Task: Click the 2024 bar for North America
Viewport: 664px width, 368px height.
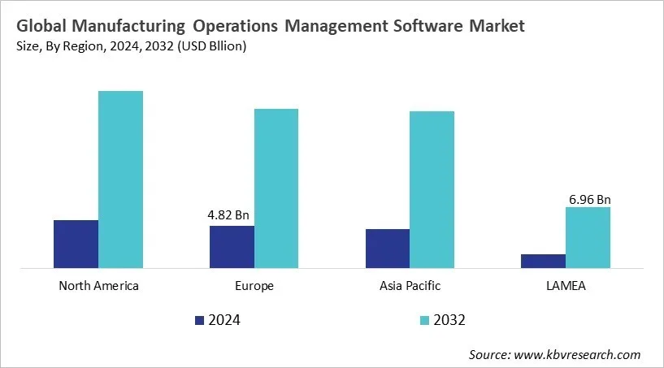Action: pyautogui.click(x=76, y=244)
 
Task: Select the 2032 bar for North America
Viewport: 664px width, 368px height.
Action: pyautogui.click(x=120, y=180)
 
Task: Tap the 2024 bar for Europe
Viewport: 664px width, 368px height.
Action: pyautogui.click(x=232, y=247)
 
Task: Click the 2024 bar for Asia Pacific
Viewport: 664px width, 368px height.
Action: pyautogui.click(x=388, y=249)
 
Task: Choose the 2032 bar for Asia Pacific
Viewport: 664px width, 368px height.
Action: pyautogui.click(x=432, y=189)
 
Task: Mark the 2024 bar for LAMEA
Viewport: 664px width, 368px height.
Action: pyautogui.click(x=543, y=261)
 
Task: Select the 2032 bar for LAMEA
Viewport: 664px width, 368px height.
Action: pyautogui.click(x=588, y=237)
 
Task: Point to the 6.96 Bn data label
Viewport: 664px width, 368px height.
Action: pyautogui.click(x=588, y=197)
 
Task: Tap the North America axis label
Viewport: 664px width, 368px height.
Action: pyautogui.click(x=98, y=286)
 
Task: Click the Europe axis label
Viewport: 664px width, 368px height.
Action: pyautogui.click(x=254, y=286)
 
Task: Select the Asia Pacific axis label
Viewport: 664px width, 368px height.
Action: pyautogui.click(x=410, y=286)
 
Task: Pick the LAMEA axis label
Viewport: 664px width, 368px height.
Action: pyautogui.click(x=566, y=286)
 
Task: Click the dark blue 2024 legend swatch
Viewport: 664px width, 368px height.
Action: pyautogui.click(x=200, y=320)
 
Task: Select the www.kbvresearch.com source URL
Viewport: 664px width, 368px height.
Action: pyautogui.click(x=577, y=354)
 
